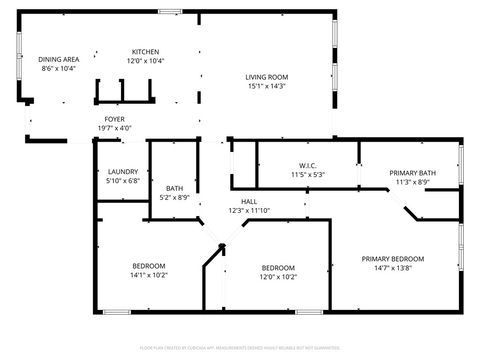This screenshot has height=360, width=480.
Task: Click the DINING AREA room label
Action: pyautogui.click(x=59, y=59)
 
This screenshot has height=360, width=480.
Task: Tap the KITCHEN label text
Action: pyautogui.click(x=145, y=52)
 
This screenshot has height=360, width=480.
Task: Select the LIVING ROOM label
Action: pyautogui.click(x=267, y=77)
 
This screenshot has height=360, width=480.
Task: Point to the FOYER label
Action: pyautogui.click(x=115, y=119)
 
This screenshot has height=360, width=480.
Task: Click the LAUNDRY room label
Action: pyautogui.click(x=121, y=171)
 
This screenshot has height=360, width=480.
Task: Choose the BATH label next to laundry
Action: pyautogui.click(x=175, y=188)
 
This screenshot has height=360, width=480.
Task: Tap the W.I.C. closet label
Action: pyautogui.click(x=307, y=165)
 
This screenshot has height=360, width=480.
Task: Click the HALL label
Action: pyautogui.click(x=249, y=201)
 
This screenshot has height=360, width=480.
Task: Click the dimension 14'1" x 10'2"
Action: pyautogui.click(x=149, y=275)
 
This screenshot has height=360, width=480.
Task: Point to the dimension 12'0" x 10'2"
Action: pyautogui.click(x=278, y=277)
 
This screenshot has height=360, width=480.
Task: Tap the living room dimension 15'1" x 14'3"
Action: pyautogui.click(x=267, y=87)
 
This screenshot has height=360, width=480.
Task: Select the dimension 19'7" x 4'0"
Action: pyautogui.click(x=115, y=128)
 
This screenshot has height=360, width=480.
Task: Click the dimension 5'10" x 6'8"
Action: pyautogui.click(x=121, y=181)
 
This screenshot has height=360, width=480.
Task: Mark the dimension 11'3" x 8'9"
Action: pyautogui.click(x=411, y=182)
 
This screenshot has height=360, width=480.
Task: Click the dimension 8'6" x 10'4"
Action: pyautogui.click(x=59, y=68)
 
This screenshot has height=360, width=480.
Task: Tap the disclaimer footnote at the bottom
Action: pyautogui.click(x=239, y=347)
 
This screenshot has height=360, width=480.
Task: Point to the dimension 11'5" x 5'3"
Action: pyautogui.click(x=307, y=175)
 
